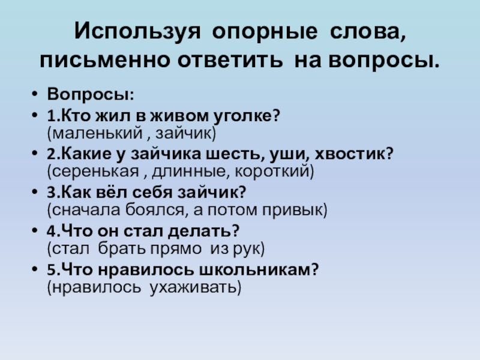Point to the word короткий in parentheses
click(278, 170)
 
